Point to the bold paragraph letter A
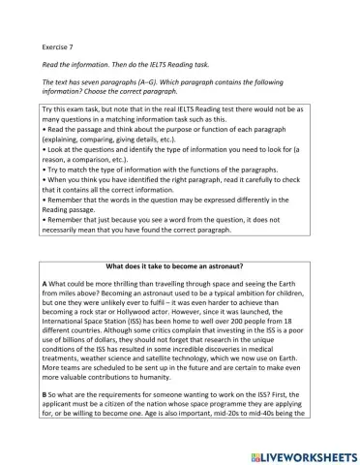(x=45, y=282)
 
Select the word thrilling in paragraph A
(x=137, y=282)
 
